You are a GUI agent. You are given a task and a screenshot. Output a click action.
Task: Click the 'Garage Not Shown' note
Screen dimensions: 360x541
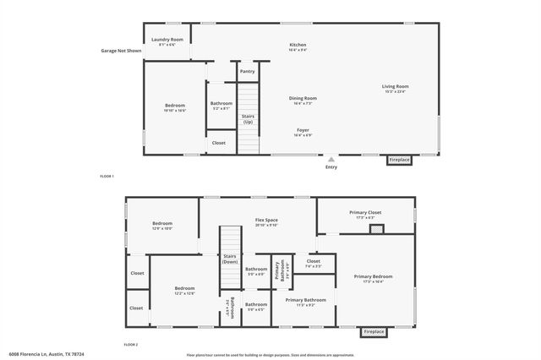coord(120,51)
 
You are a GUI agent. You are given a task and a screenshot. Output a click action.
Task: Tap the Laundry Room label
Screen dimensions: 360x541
coord(167,40)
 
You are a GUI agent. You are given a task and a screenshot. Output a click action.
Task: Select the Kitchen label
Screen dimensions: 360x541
coord(298,45)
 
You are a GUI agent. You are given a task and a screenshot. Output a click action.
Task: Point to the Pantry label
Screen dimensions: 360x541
coord(247,71)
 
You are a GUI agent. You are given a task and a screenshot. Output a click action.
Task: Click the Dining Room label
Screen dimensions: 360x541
coord(303,98)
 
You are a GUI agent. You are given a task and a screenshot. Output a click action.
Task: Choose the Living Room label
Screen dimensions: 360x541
coord(395,86)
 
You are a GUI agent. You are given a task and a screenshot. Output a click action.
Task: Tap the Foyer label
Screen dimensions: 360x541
coord(303,130)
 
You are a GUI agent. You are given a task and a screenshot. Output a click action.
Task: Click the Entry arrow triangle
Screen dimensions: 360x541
coord(331,157)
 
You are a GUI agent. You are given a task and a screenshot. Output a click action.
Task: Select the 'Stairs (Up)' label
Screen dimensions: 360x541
coord(248,118)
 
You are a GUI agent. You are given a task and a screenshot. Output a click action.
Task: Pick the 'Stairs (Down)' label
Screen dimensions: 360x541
coord(230,259)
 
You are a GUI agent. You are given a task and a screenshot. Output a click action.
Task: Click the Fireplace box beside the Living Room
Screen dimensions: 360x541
coord(399,160)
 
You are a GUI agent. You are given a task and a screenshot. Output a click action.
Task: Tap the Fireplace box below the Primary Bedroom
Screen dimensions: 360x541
coord(374,332)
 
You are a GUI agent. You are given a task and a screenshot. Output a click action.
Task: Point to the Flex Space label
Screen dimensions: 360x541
coord(266,221)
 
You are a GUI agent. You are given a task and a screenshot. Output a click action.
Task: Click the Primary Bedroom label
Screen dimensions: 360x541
coord(373,276)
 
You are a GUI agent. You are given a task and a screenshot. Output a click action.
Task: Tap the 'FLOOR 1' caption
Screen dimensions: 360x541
coord(107,176)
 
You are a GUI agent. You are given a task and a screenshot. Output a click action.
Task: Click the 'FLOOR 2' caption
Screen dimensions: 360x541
coord(130,345)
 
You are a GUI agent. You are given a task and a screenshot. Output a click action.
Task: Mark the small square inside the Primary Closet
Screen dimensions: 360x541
coord(378,227)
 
